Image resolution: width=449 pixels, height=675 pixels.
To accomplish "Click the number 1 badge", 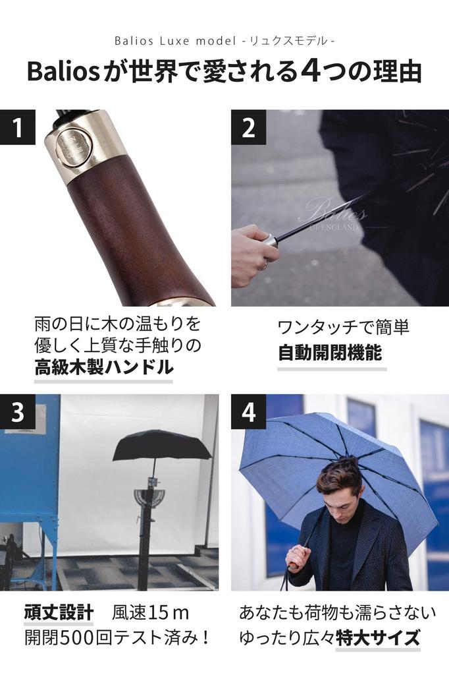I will click(17, 127).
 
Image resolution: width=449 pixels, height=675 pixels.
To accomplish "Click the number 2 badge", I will click(248, 127).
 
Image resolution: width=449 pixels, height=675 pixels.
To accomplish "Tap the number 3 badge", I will click(17, 412).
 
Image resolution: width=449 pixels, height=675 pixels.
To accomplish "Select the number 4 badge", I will click(248, 412).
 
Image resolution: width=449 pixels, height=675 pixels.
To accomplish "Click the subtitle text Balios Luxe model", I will click(174, 41).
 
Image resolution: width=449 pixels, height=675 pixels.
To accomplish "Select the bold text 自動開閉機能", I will click(330, 353).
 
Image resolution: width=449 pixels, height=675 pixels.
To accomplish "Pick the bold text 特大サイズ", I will click(377, 638).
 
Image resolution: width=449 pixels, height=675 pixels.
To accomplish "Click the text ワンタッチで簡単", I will click(343, 328).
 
